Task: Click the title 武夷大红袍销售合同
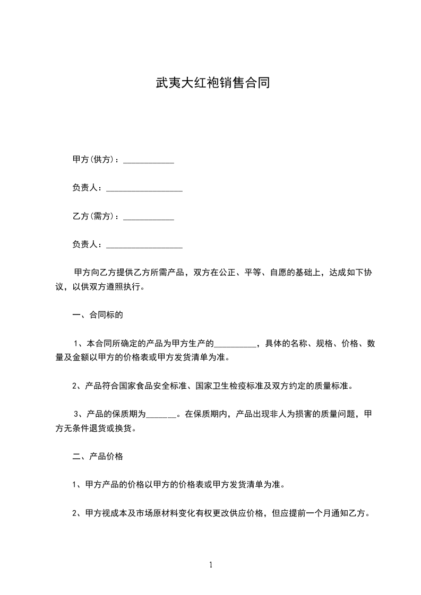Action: (210, 83)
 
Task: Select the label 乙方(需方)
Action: (93, 216)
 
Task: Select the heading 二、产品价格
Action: (98, 456)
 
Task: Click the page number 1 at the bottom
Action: (211, 565)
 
